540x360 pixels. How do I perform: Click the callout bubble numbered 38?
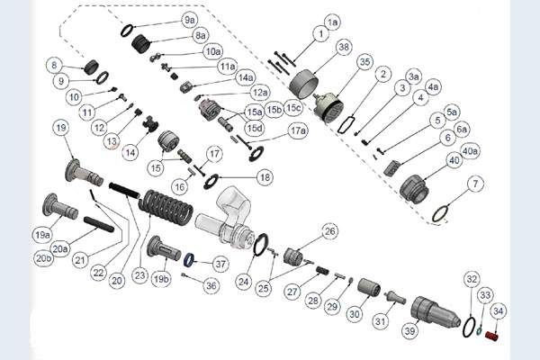pos(343,46)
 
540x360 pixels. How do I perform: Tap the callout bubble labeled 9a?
pos(189,19)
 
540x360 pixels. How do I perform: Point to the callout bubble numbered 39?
pos(411,331)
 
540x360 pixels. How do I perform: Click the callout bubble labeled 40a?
pos(469,150)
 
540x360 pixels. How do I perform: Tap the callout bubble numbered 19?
pos(60,129)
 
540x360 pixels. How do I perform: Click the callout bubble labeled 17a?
pos(298,130)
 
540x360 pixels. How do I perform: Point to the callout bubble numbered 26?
pos(329,231)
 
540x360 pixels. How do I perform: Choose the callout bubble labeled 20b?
pos(44,258)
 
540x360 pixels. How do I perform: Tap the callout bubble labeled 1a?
pos(332,21)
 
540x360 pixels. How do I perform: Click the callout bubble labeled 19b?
pos(161,279)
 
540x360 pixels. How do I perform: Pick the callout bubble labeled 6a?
pos(462,129)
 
